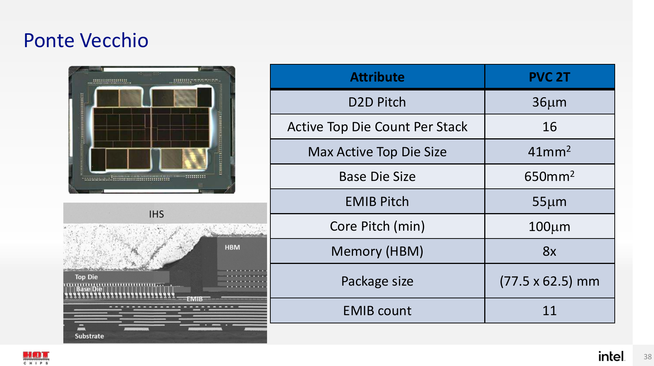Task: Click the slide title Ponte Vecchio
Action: click(86, 40)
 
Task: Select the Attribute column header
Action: click(377, 77)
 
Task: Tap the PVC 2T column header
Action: click(549, 77)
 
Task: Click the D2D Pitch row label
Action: click(377, 102)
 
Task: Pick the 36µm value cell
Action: click(549, 102)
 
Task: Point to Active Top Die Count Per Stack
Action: click(377, 127)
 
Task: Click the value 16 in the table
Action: click(549, 127)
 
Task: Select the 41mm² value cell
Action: click(549, 151)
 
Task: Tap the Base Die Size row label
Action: click(377, 176)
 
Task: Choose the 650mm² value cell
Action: click(549, 176)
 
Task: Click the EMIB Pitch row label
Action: click(377, 202)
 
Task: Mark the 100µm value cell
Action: click(549, 227)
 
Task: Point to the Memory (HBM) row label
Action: click(377, 251)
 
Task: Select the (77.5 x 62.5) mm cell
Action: click(549, 281)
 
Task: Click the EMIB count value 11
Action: click(549, 311)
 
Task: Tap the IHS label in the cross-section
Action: click(156, 214)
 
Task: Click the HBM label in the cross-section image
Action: click(232, 247)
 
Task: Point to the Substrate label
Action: click(89, 336)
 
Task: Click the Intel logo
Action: click(611, 356)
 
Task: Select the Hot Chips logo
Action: click(36, 357)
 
